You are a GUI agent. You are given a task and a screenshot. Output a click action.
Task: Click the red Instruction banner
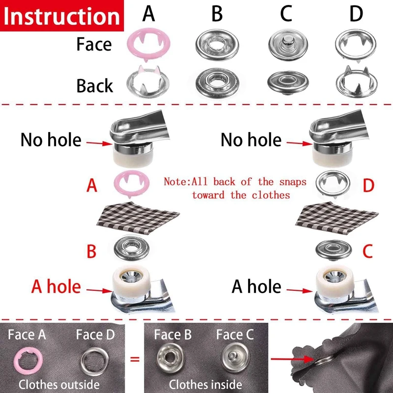(61, 16)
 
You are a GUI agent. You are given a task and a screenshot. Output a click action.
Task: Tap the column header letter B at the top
(217, 14)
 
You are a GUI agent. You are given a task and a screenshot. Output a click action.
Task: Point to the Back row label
(95, 85)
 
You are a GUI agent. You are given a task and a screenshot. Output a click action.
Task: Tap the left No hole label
(51, 140)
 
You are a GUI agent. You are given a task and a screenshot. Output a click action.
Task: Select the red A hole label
(56, 286)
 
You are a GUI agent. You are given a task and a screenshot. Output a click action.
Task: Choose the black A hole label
(256, 286)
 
